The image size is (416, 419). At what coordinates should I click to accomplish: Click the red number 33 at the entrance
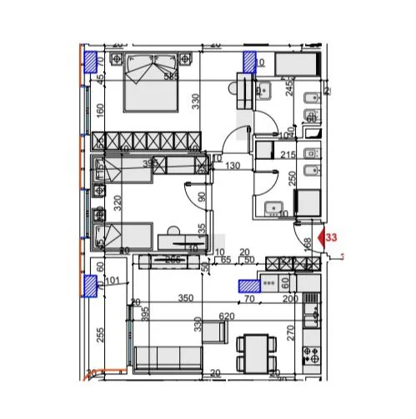pyautogui.click(x=332, y=237)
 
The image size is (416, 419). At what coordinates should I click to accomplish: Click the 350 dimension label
pyautogui.click(x=185, y=297)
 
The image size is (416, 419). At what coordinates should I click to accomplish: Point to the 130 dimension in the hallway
pyautogui.click(x=232, y=166)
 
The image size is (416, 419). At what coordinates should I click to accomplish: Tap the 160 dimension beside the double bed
pyautogui.click(x=100, y=109)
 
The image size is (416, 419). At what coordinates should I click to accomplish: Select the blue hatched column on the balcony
pyautogui.click(x=90, y=286)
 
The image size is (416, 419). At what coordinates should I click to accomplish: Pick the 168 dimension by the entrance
pyautogui.click(x=307, y=245)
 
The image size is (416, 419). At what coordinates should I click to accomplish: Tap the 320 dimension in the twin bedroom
pyautogui.click(x=118, y=200)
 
